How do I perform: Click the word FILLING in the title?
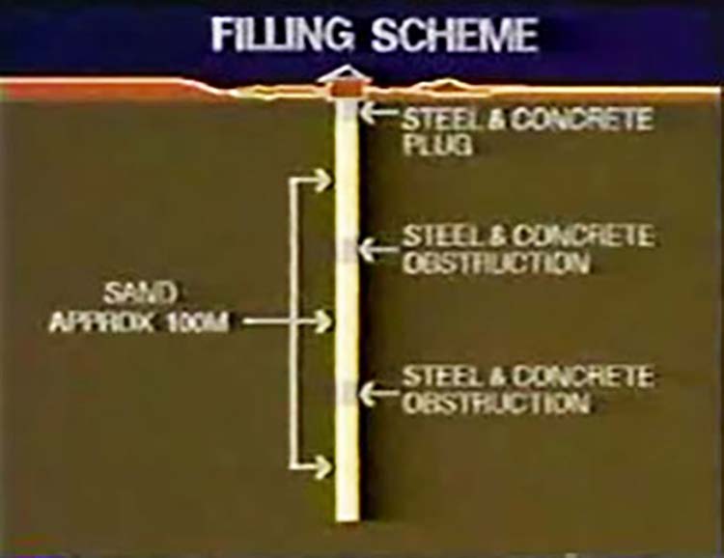coord(284,35)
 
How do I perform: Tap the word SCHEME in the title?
coord(456,35)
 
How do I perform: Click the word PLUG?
coord(437,144)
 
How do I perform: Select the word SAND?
coord(140,293)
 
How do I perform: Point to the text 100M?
coord(197,322)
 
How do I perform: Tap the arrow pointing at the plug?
coord(378,112)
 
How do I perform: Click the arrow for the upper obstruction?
coord(377,250)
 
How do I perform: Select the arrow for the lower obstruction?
coord(377,394)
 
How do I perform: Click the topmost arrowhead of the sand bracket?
coord(321,181)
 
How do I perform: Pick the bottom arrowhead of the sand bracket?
coord(321,467)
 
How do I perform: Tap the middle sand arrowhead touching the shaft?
coord(321,321)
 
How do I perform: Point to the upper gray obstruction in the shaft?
coord(348,250)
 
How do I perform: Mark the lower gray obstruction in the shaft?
coord(348,394)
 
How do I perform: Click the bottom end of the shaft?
coord(348,519)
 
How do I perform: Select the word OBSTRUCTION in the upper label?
coord(496,264)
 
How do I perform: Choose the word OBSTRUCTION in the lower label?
coord(496,404)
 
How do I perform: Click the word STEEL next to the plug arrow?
coord(440,119)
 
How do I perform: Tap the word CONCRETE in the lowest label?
coord(583,376)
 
